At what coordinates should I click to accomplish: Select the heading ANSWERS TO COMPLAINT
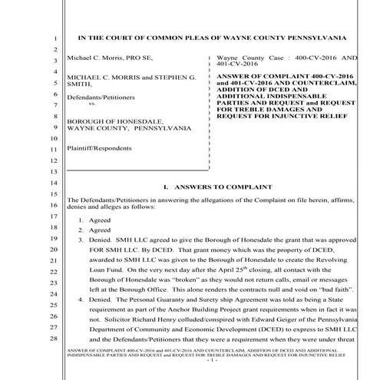pos(220,187)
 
